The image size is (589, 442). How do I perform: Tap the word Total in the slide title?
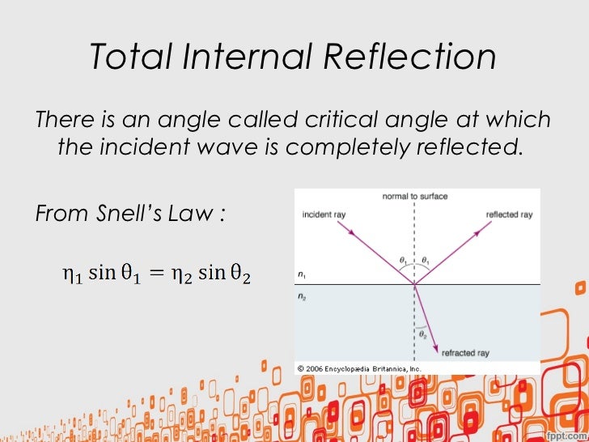[124, 57]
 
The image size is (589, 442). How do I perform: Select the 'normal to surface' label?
[416, 197]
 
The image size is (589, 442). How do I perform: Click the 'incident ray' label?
[324, 215]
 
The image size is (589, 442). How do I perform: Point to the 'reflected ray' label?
[509, 215]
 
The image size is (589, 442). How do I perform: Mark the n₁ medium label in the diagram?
[301, 274]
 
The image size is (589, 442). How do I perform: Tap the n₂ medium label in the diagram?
[301, 297]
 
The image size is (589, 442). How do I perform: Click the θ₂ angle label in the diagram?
[422, 332]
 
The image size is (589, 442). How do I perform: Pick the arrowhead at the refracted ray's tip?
[434, 350]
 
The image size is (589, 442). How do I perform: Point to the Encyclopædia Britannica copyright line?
[359, 368]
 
